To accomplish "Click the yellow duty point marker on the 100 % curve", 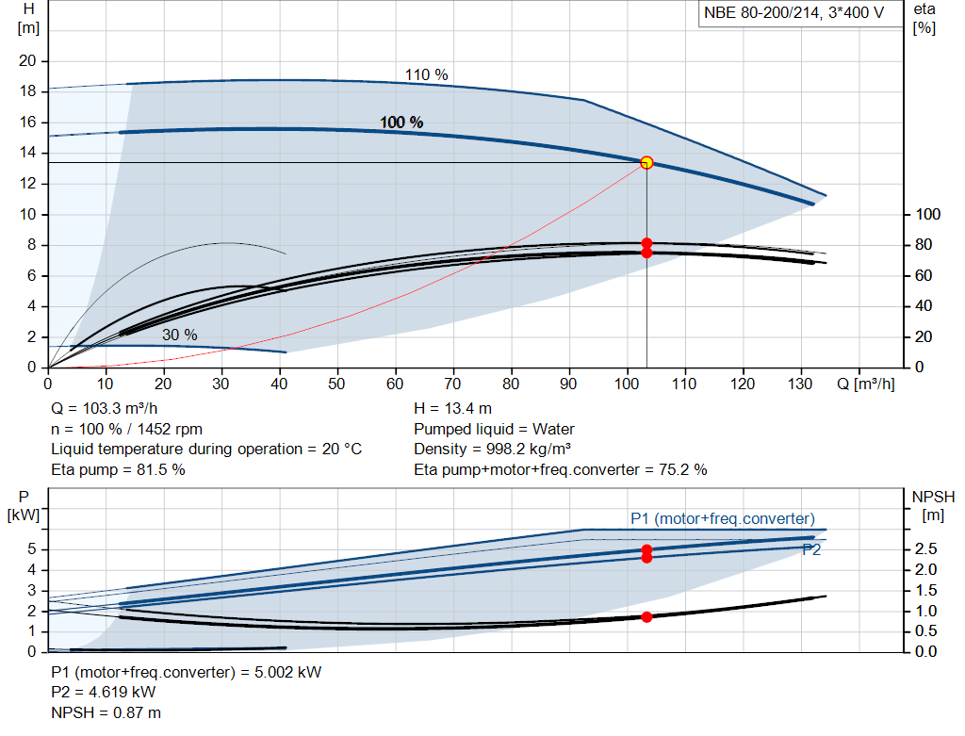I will (646, 162).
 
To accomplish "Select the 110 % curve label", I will (426, 74).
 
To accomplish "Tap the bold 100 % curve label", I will (401, 123).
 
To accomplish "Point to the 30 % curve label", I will (179, 335).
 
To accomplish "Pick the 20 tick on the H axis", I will (26, 61).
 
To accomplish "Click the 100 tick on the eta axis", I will (927, 214).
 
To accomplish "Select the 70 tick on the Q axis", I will (454, 384).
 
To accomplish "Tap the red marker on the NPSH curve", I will (646, 616).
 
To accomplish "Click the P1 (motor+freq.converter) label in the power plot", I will (723, 518).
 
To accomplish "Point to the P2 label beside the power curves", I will (811, 550).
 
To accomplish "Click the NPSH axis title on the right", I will (933, 504).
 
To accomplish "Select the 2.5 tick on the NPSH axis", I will (926, 548).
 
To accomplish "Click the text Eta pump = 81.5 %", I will (118, 468).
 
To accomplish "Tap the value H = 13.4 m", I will (452, 408).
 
